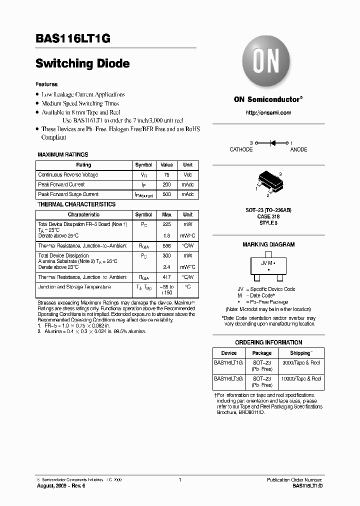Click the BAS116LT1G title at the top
pos(72,38)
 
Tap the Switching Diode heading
pos(82,63)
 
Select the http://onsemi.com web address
pos(268,113)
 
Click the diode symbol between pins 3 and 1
pos(273,143)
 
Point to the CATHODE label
pos(241,150)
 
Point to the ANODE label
pos(298,150)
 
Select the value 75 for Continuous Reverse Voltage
pos(166,175)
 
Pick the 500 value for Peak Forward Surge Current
pos(166,194)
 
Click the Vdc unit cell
pos(187,175)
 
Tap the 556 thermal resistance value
pos(166,246)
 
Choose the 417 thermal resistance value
pos(166,277)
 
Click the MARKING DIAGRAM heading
pos(268,245)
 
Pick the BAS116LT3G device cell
pos(229,379)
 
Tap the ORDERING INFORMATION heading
pos(268,342)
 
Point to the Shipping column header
pos(300,353)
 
